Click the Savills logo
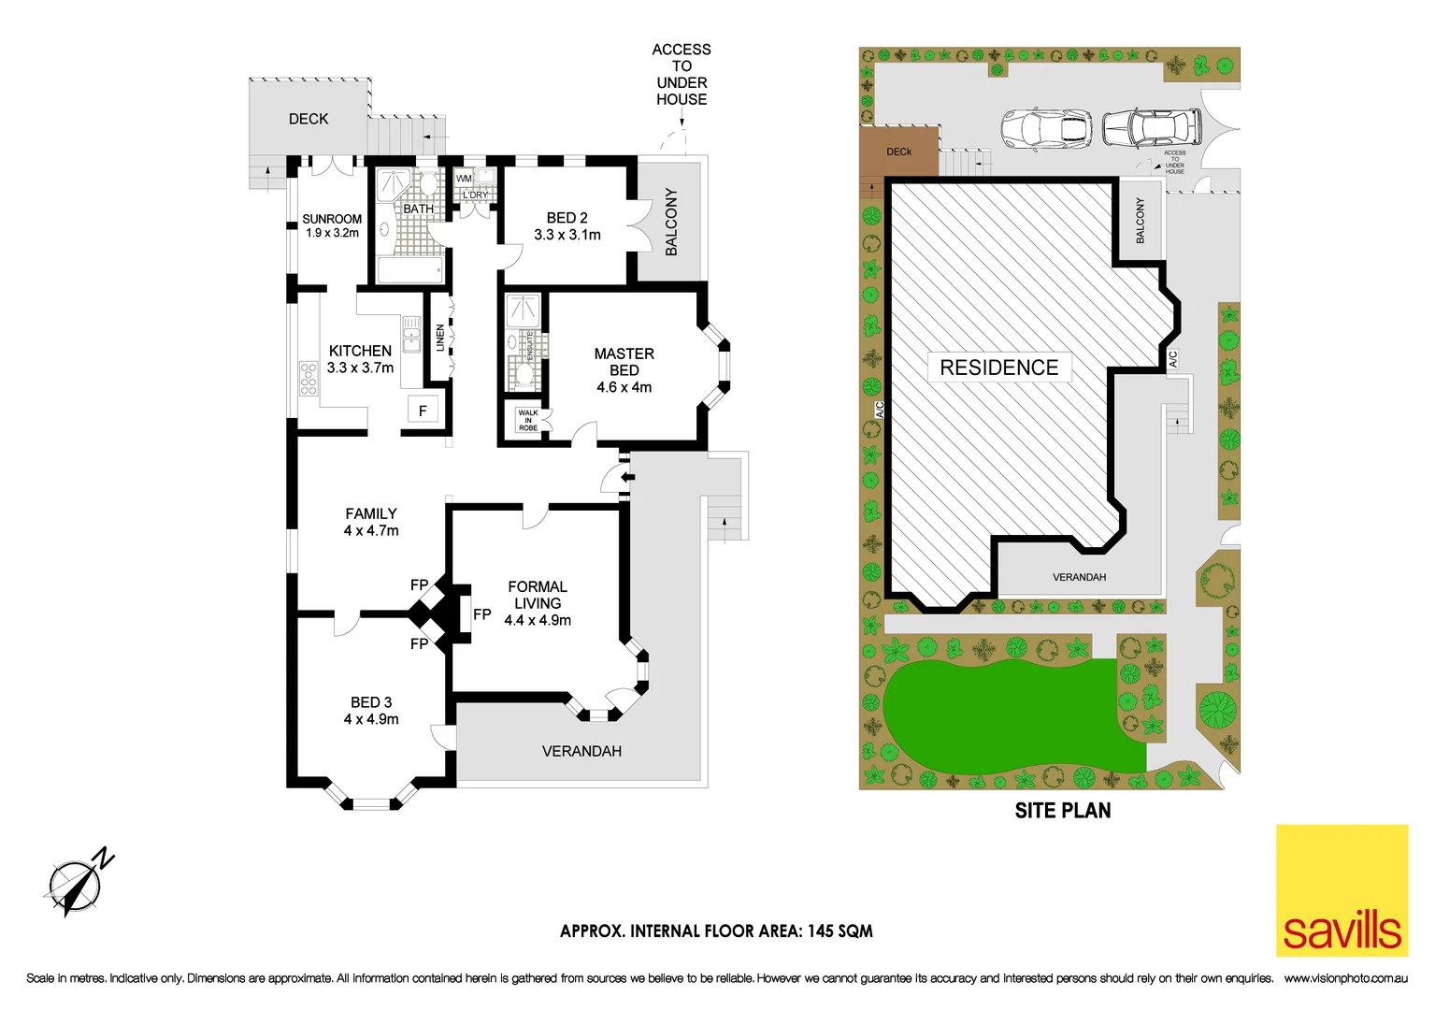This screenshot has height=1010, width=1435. (1342, 889)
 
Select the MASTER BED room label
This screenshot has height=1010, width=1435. (624, 370)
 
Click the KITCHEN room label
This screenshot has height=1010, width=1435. (360, 359)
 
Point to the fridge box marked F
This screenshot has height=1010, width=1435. (423, 411)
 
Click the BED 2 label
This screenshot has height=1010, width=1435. (567, 226)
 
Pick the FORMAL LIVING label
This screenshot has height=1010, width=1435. (538, 603)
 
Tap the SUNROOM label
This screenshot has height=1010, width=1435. (332, 225)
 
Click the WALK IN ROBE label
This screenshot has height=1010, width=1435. (528, 420)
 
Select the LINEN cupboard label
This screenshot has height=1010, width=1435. (440, 338)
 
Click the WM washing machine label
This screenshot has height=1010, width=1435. (464, 179)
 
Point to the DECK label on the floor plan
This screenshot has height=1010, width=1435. (309, 119)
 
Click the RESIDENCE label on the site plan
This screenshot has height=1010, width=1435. (998, 368)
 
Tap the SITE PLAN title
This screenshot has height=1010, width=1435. (1063, 811)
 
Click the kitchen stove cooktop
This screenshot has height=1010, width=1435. (309, 379)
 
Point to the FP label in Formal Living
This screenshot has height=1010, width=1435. (481, 614)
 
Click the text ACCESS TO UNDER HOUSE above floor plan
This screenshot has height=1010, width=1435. (682, 74)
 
